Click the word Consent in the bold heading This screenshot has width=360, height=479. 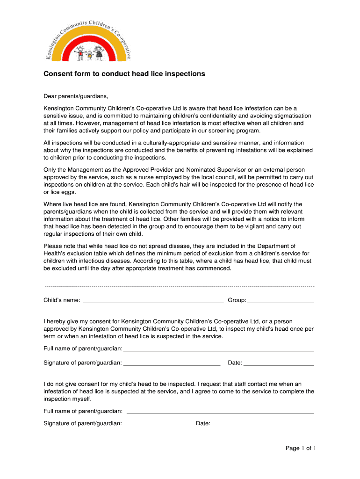coord(57,74)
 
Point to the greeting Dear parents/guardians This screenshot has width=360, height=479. coord(76,97)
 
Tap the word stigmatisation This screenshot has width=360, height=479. coord(292,116)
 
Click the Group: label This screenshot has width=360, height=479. coord(237,300)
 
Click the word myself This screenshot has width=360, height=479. coord(81,399)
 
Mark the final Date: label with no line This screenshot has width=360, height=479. coord(203,423)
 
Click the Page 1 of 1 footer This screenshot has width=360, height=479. coord(301,448)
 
